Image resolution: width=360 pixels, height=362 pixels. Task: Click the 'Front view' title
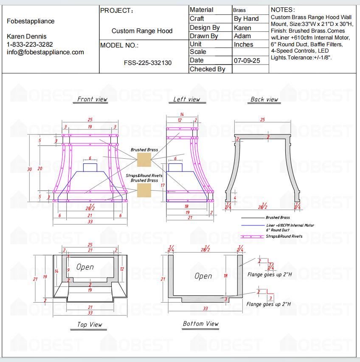tap(92, 99)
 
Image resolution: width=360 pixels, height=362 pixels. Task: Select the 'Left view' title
tap(186, 99)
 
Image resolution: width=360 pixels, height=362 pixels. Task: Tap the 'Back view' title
tap(264, 99)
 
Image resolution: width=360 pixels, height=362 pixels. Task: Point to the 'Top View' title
tap(90, 325)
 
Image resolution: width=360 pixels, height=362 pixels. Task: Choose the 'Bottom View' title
tap(201, 324)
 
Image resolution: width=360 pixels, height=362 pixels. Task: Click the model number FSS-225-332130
tap(148, 63)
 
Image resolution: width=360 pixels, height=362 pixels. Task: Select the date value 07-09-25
tap(247, 61)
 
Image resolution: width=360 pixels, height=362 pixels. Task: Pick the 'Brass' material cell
tap(239, 10)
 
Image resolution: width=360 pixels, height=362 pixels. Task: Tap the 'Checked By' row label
tap(207, 69)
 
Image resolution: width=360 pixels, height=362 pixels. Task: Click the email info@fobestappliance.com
tap(45, 52)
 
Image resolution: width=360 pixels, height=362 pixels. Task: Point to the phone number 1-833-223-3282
tap(30, 44)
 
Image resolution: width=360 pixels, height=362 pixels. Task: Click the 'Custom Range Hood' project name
tap(142, 31)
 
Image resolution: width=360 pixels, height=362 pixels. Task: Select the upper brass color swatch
tap(144, 160)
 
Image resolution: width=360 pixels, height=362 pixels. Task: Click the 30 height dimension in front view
tap(30, 169)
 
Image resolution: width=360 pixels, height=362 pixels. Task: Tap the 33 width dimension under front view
tap(90, 222)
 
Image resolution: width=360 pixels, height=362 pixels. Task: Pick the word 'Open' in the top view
tap(85, 267)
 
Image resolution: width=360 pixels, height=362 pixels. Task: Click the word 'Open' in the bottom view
tap(203, 276)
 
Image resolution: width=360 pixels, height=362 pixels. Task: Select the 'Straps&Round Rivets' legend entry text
tap(284, 236)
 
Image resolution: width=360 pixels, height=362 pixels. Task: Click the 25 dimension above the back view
tap(262, 120)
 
